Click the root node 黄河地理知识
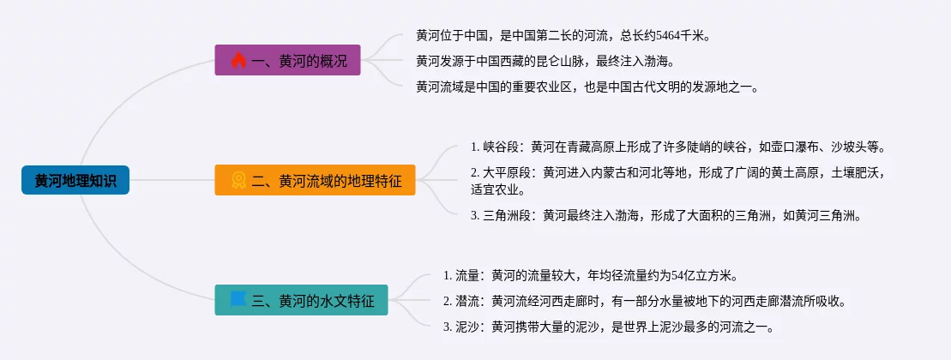pyautogui.click(x=75, y=180)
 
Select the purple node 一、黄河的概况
pyautogui.click(x=287, y=60)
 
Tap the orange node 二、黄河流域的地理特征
pyautogui.click(x=315, y=180)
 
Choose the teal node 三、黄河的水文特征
pyautogui.click(x=301, y=300)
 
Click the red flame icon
pyautogui.click(x=238, y=60)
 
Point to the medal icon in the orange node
pyautogui.click(x=238, y=180)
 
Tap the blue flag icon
pyautogui.click(x=238, y=299)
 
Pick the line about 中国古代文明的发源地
pyautogui.click(x=587, y=87)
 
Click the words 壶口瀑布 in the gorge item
pyautogui.click(x=783, y=147)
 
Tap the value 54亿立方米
pyautogui.click(x=702, y=276)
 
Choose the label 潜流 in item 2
pyautogui.click(x=467, y=301)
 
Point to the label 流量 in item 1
pyautogui.click(x=467, y=276)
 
